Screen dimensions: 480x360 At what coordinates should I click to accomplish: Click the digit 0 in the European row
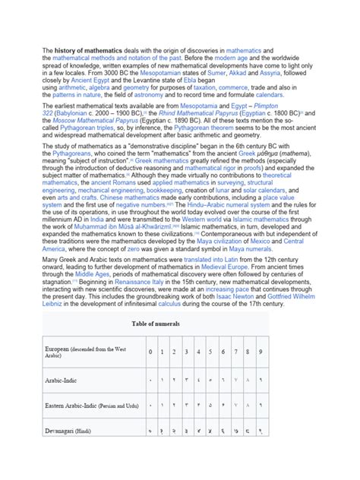point(151,352)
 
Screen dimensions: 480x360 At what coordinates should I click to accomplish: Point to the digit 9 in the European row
point(261,352)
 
